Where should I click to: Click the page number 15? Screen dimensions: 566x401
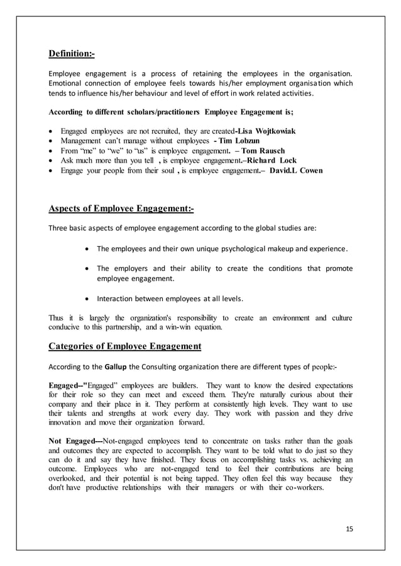coord(349,528)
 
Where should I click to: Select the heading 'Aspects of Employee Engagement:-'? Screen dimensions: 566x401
coord(121,209)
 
